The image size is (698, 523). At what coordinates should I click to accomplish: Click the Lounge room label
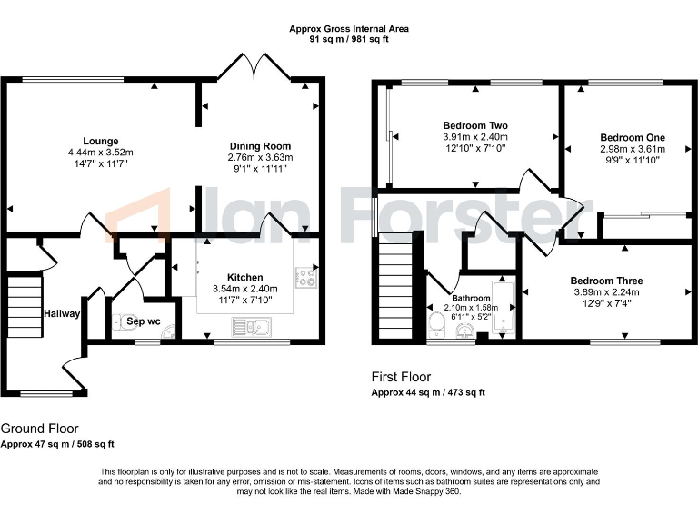click(x=100, y=141)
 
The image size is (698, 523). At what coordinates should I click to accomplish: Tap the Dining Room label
click(x=259, y=145)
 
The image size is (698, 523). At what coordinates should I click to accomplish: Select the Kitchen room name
click(x=245, y=277)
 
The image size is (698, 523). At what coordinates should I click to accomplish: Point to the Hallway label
click(x=62, y=314)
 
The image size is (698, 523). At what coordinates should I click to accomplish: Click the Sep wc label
click(x=144, y=321)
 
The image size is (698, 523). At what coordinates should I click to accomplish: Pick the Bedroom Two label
click(x=474, y=125)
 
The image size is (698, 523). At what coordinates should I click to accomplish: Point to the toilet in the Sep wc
click(x=118, y=321)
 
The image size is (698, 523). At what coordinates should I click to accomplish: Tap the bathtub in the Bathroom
click(x=504, y=311)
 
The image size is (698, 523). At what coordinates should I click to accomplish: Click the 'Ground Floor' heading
click(x=39, y=429)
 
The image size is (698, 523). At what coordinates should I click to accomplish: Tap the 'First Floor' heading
click(x=401, y=377)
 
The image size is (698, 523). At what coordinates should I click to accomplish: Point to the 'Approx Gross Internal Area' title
click(x=349, y=29)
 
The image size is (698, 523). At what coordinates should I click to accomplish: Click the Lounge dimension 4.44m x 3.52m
click(x=100, y=153)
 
